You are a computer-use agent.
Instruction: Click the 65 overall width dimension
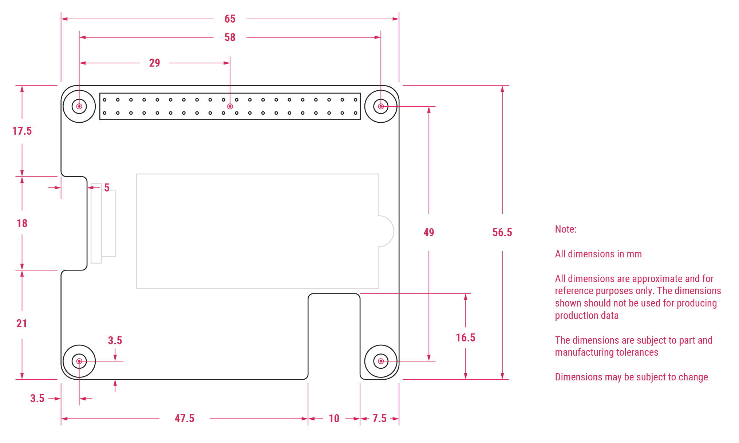tap(230, 19)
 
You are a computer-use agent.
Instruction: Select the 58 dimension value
tap(230, 37)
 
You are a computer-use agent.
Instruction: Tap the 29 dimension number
tap(154, 63)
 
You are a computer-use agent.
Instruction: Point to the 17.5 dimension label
tap(22, 131)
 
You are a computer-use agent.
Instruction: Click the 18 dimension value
tap(22, 224)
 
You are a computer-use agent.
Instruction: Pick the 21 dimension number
tap(22, 324)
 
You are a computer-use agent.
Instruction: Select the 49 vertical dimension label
tap(428, 233)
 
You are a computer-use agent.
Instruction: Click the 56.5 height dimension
tap(502, 233)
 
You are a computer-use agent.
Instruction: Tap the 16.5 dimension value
tap(465, 338)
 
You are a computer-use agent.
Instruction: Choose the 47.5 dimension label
tap(184, 419)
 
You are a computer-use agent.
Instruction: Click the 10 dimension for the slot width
tap(334, 419)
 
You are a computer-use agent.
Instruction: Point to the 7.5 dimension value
tap(379, 419)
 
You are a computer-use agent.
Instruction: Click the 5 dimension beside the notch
tap(107, 188)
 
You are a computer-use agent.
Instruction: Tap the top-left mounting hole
tap(79, 106)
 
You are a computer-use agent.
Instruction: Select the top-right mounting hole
tap(381, 106)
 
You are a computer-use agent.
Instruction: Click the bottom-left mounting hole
tap(79, 361)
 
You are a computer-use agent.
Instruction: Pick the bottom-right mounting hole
tap(381, 361)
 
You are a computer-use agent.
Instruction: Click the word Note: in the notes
tap(565, 229)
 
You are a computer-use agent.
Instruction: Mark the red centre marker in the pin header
tap(230, 106)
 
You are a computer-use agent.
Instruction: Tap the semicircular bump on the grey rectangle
tap(387, 231)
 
